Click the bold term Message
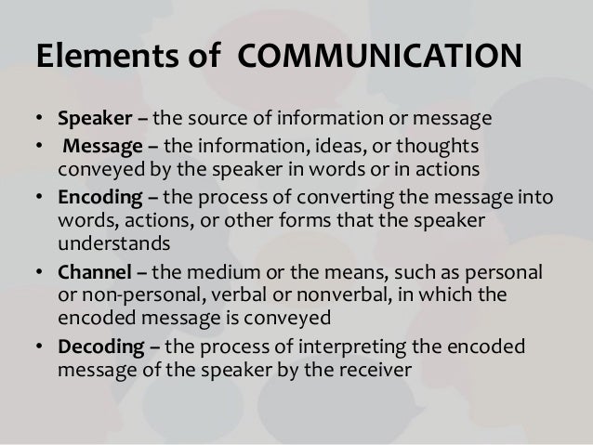(x=98, y=150)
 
